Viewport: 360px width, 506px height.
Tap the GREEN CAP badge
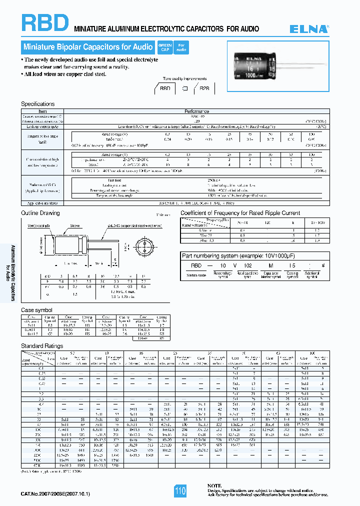164,47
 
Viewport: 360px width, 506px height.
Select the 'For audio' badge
181,47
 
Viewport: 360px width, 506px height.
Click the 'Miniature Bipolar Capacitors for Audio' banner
88,47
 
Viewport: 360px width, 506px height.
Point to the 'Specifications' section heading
37,104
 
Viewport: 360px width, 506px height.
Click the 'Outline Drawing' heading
40,213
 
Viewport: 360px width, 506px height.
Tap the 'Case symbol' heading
36,310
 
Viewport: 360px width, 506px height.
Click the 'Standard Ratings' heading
42,346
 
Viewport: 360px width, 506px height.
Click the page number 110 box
180,491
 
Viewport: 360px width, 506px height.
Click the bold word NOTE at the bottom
214,485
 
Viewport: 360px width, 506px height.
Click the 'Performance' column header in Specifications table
196,111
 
